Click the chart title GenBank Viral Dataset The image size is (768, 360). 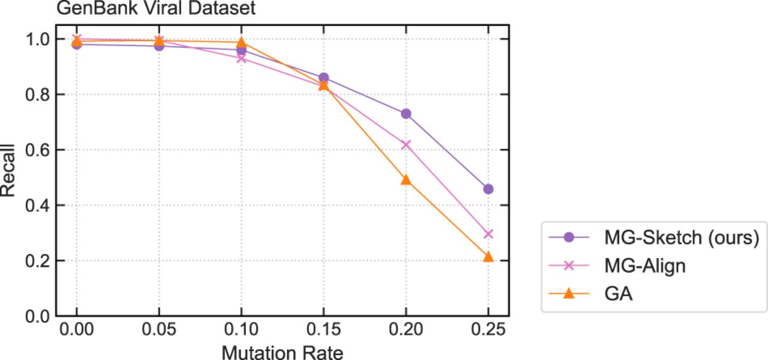click(x=157, y=8)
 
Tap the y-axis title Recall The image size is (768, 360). click(x=8, y=170)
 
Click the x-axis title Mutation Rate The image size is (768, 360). click(x=283, y=352)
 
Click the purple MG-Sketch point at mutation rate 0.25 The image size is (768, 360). click(x=488, y=189)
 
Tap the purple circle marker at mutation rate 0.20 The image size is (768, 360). click(x=406, y=113)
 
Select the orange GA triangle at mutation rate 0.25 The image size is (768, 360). click(x=488, y=257)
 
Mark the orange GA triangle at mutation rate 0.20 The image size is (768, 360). click(x=406, y=179)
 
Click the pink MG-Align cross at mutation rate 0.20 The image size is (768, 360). click(x=406, y=145)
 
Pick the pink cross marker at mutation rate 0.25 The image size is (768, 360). click(x=488, y=234)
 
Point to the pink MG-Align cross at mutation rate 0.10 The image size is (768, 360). click(x=241, y=58)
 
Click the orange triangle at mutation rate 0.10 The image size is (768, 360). click(x=241, y=42)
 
